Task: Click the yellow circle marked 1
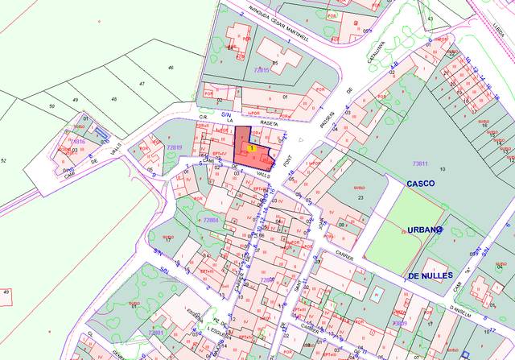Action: [x=253, y=148]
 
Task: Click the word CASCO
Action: [x=421, y=184]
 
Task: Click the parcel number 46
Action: [x=170, y=68]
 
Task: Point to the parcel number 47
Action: [x=142, y=84]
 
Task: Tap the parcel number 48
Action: [x=113, y=99]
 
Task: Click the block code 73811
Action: [x=421, y=164]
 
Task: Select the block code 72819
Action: [x=175, y=147]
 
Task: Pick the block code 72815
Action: [x=261, y=70]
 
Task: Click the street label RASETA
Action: [x=269, y=123]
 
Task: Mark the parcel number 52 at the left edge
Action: [x=3, y=161]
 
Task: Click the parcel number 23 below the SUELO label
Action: [x=361, y=197]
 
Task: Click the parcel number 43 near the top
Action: [x=430, y=18]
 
